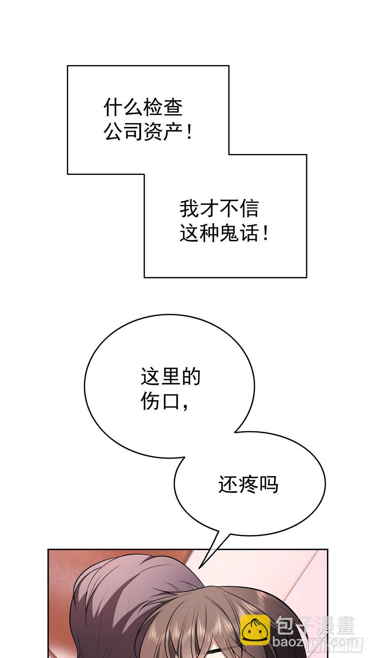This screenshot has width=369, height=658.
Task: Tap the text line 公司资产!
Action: point(148,133)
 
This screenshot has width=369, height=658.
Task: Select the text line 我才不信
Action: point(219,208)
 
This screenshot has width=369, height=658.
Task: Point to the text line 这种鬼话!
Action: point(224,234)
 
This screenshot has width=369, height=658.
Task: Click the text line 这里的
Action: point(170,376)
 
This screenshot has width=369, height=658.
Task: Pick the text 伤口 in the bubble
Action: point(160,401)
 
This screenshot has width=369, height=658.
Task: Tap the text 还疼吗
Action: point(248,484)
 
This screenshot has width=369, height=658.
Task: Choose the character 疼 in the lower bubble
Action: point(248,484)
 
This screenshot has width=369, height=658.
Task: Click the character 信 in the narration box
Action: point(249,208)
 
